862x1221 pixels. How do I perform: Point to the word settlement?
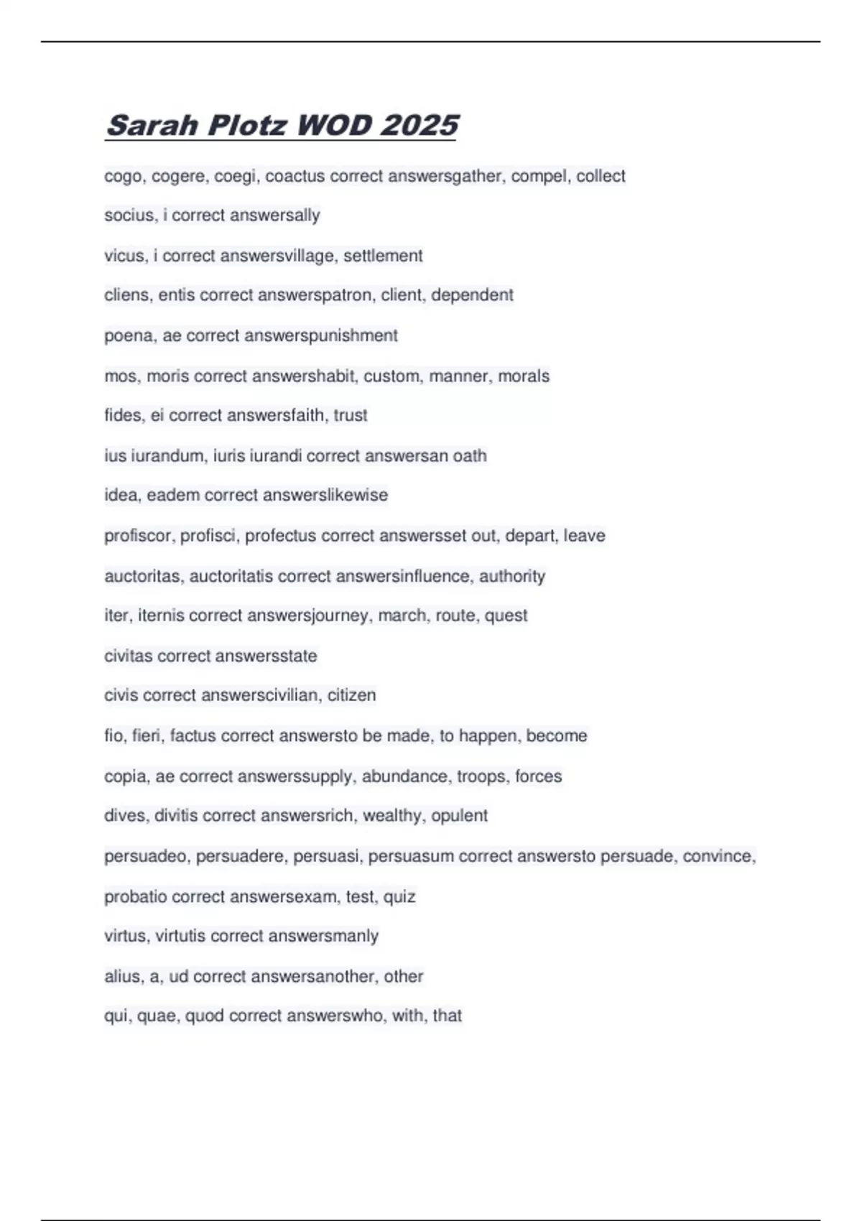(383, 256)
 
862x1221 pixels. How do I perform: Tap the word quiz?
(399, 896)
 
